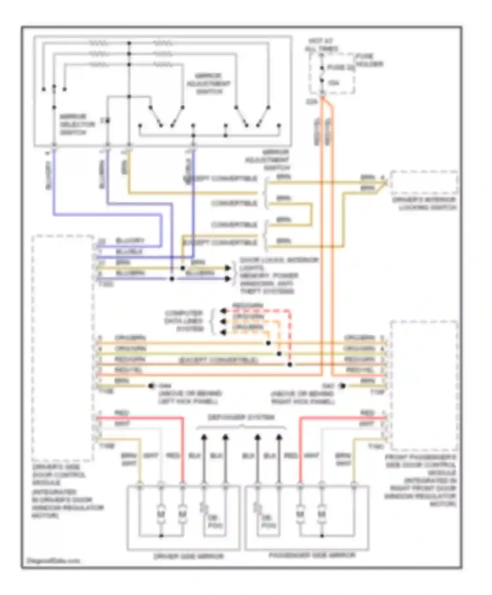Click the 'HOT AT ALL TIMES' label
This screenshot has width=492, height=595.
321,45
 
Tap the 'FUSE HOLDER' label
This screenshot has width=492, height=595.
370,60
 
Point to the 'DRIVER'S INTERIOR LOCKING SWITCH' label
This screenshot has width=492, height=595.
424,204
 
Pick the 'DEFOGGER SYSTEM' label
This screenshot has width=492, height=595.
241,418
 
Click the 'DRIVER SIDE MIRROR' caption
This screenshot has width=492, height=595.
188,556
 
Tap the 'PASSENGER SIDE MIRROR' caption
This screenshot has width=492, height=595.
312,555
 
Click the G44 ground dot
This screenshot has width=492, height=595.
151,386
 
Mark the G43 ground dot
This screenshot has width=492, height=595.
342,386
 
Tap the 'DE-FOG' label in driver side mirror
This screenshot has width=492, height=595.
215,522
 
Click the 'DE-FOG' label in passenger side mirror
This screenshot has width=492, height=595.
269,522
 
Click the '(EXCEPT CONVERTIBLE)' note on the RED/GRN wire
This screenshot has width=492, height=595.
218,360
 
